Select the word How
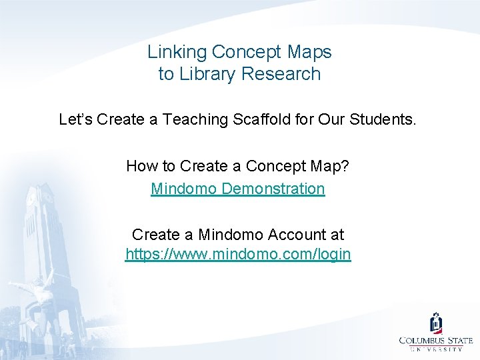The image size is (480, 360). [x=141, y=166]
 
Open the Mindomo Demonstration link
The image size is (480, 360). [x=238, y=189]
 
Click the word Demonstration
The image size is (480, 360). [x=273, y=189]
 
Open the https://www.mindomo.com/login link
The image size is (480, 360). [x=238, y=255]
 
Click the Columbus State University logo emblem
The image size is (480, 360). [x=436, y=323]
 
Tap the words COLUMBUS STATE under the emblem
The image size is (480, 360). [x=436, y=341]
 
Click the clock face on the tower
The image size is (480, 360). [x=30, y=197]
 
